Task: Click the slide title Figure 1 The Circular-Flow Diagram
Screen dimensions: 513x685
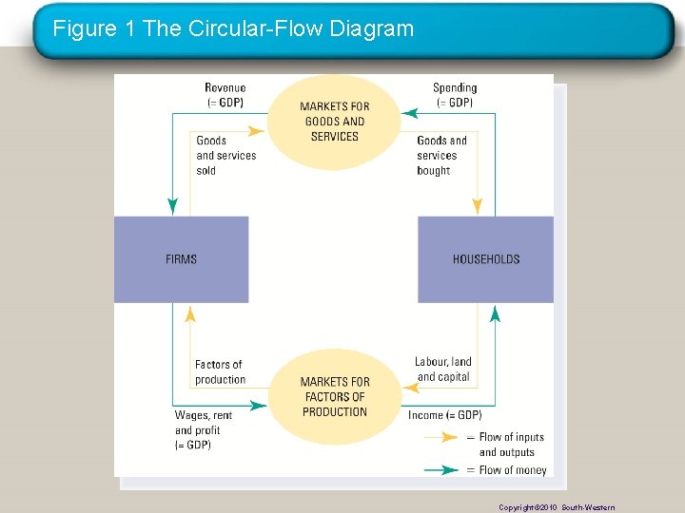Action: (x=233, y=28)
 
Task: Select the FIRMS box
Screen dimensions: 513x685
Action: (x=181, y=259)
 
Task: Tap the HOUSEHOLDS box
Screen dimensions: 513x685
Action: (x=485, y=259)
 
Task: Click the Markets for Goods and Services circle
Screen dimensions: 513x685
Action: (x=334, y=121)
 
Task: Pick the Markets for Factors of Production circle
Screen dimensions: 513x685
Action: (x=334, y=396)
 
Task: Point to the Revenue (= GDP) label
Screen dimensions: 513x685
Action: (x=225, y=95)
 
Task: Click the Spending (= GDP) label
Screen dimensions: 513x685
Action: (x=454, y=95)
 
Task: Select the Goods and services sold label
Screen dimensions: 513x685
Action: (x=225, y=156)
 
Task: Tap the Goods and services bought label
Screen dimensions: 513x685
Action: (x=441, y=156)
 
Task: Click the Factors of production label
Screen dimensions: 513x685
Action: (x=220, y=372)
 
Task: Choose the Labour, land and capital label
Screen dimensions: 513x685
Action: (x=443, y=370)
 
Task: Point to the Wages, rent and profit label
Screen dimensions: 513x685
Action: (x=204, y=430)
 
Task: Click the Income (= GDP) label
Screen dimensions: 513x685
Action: (x=444, y=415)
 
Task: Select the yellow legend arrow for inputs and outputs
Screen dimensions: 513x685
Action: (x=443, y=438)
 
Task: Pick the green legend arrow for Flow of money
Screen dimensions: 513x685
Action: (x=443, y=469)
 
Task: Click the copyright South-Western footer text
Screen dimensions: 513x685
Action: (x=557, y=507)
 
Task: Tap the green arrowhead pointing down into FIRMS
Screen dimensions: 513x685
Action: (x=172, y=206)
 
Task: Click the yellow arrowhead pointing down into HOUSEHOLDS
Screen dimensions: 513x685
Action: (x=478, y=206)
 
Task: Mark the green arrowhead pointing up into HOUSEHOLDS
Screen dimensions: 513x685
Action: (x=494, y=313)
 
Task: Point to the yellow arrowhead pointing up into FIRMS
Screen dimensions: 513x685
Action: (x=190, y=313)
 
